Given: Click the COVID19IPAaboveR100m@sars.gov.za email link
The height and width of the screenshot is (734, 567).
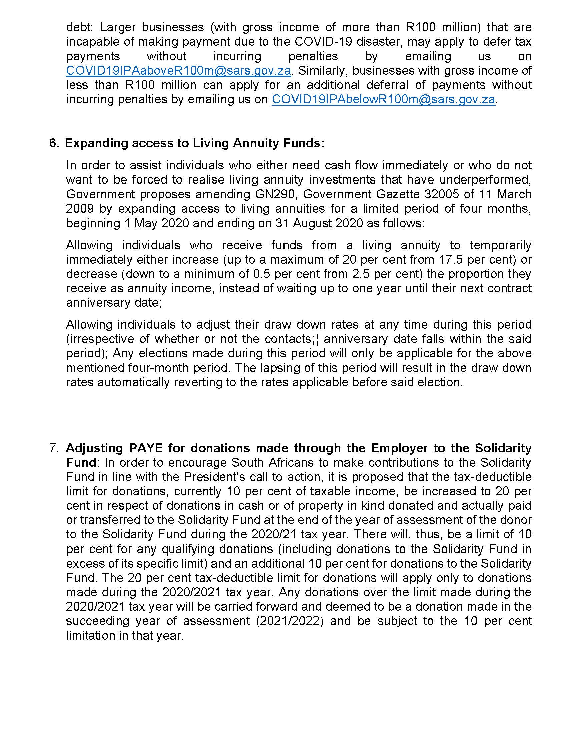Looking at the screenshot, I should tap(178, 71).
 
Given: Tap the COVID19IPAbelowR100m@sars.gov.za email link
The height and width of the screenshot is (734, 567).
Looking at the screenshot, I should tap(383, 99).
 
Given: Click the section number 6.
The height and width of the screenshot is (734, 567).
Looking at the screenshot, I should tap(54, 143).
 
